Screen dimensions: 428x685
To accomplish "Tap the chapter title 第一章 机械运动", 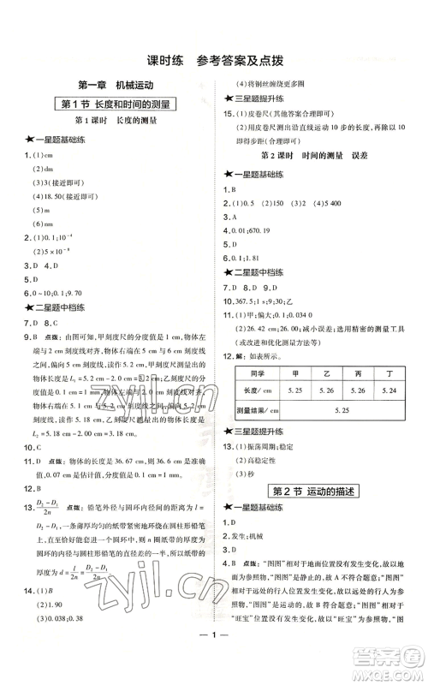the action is (115, 85).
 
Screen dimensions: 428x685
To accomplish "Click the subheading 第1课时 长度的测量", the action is (116, 122).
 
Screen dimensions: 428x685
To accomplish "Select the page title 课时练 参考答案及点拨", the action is (213, 60).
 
